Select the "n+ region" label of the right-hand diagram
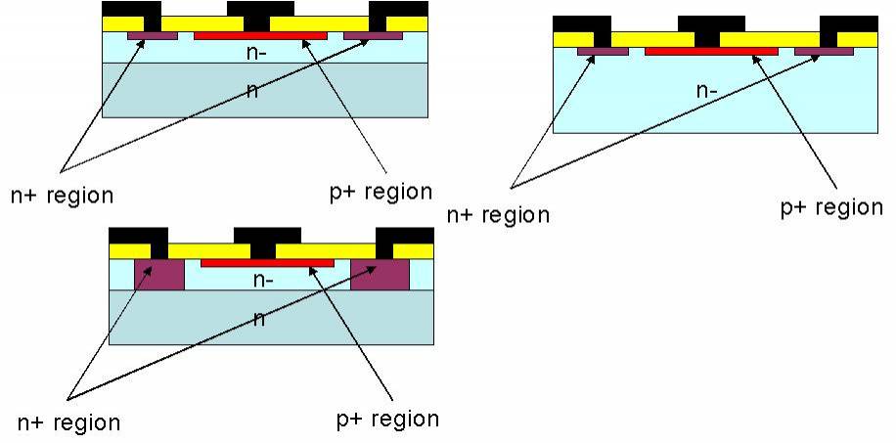tap(498, 214)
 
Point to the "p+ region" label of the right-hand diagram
tap(831, 207)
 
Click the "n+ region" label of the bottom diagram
tap(69, 422)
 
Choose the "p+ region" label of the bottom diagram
tap(387, 419)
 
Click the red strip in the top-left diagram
tap(260, 36)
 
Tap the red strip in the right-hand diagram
tap(711, 51)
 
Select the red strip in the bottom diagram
tap(267, 263)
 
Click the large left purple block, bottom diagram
tap(158, 275)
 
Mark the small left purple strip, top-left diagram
tap(153, 36)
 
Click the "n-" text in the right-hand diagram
tap(707, 91)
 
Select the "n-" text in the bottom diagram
tap(264, 279)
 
